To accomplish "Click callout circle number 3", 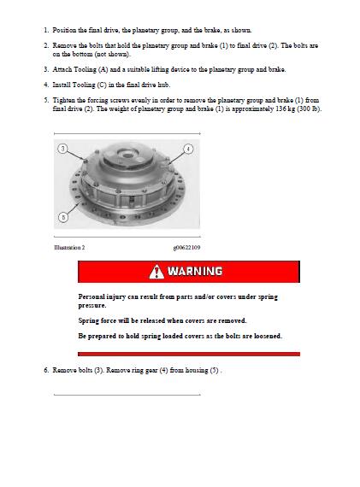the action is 62,149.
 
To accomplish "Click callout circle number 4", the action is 188,149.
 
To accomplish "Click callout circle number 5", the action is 63,217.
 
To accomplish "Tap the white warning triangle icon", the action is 156,272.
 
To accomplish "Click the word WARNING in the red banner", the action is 195,271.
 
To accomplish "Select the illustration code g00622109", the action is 186,248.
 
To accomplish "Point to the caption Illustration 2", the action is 69,248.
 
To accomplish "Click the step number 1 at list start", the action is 46,31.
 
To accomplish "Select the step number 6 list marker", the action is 46,370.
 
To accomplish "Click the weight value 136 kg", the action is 285,109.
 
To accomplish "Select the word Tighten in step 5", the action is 64,101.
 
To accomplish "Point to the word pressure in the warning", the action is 91,306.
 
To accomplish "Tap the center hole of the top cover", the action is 128,154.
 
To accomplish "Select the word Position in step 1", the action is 64,31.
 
